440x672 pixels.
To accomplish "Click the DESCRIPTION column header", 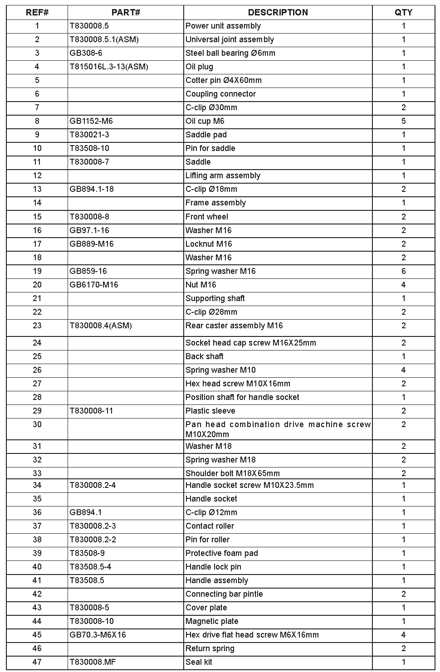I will tap(278, 12).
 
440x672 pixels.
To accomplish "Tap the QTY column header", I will tap(403, 12).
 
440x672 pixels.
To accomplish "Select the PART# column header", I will tap(126, 12).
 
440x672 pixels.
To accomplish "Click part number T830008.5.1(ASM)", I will tap(104, 39).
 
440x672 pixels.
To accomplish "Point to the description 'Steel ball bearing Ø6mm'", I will tap(230, 53).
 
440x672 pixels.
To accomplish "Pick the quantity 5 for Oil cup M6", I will tap(403, 121).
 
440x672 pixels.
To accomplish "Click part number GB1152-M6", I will tap(91, 121).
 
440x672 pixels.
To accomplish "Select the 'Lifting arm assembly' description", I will tap(223, 175).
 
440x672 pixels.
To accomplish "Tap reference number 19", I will tap(37, 271).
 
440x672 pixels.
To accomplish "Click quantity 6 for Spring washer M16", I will tap(403, 271).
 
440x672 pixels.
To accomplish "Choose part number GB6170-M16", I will tap(93, 285).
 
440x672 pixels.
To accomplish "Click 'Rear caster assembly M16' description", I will tap(234, 326).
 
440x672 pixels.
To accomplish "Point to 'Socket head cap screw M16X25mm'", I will tap(250, 343).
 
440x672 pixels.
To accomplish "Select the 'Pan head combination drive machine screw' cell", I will tap(278, 429).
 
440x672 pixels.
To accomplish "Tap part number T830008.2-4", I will tap(93, 485).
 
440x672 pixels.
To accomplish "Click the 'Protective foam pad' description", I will tap(221, 553).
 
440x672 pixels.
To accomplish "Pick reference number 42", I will tap(37, 594).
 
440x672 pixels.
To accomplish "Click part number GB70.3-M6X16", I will tap(98, 635).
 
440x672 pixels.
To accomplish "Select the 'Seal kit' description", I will tap(199, 662).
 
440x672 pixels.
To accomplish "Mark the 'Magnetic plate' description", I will tap(211, 621).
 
